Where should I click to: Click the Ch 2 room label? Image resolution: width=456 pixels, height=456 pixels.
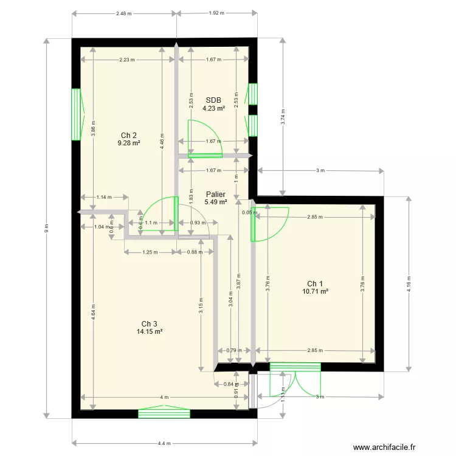(128, 135)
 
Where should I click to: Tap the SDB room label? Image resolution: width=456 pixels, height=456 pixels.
(213, 100)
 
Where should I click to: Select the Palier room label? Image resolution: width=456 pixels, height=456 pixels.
(215, 194)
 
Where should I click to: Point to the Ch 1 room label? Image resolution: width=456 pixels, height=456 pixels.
(315, 284)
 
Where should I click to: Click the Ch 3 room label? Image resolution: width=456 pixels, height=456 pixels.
(150, 323)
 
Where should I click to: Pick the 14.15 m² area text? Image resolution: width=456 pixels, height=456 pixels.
(150, 331)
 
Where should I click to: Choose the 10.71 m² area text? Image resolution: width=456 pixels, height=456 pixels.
(315, 292)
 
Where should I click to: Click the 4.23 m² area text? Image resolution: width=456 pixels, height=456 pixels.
(213, 109)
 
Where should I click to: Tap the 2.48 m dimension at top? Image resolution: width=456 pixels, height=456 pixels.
(124, 12)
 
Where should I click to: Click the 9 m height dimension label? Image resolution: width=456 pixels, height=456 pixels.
(46, 227)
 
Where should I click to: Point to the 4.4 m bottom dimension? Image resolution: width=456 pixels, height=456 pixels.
(164, 443)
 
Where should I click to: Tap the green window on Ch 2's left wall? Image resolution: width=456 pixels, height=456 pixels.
(76, 114)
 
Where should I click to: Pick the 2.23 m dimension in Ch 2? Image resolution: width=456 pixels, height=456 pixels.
(127, 60)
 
